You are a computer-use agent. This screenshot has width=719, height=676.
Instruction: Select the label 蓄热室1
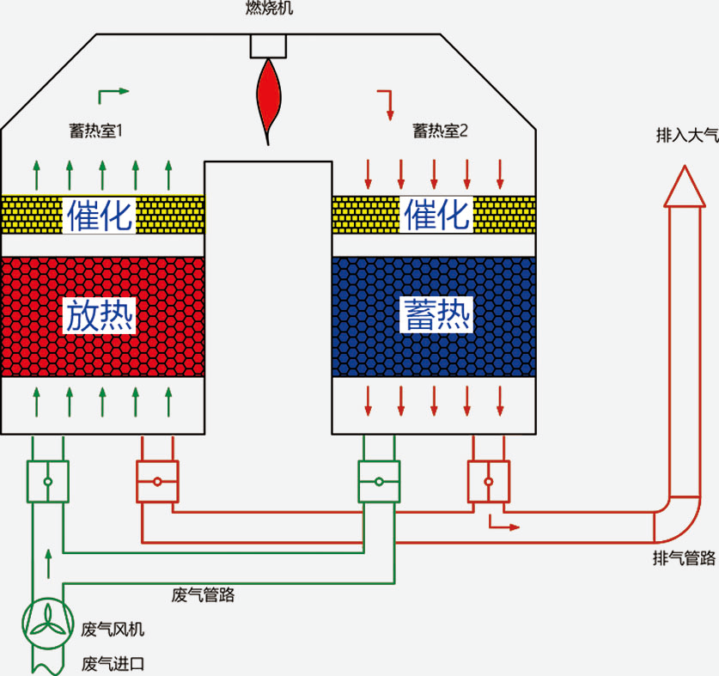97,131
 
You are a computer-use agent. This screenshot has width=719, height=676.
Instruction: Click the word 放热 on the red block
101,317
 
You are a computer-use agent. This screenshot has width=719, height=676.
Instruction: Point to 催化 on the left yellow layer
101,215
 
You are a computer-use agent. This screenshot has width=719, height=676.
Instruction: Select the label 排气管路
684,559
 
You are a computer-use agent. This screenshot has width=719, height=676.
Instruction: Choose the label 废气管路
204,594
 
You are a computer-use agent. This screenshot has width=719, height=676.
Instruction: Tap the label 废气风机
113,630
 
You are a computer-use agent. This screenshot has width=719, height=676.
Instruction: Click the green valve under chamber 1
47,481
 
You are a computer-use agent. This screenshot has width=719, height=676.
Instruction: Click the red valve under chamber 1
157,481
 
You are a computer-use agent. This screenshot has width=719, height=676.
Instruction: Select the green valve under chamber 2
379,481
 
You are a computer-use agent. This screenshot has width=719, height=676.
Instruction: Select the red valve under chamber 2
488,481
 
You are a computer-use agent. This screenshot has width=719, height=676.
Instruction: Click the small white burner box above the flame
269,46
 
